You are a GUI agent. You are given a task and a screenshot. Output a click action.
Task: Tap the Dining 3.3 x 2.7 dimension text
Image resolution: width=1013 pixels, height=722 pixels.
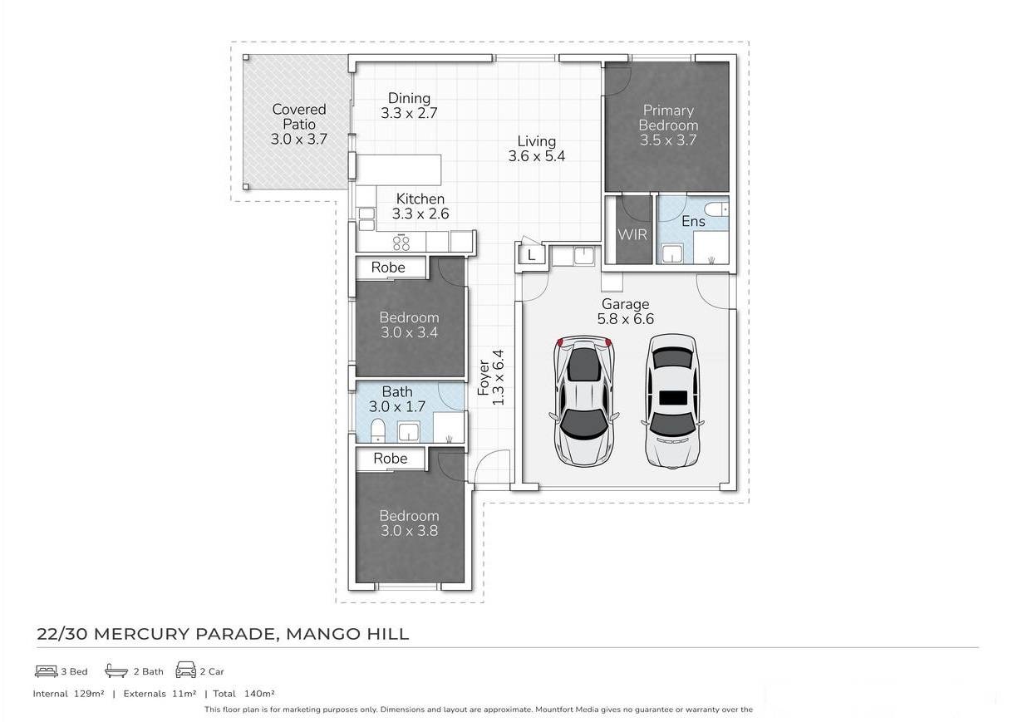409,113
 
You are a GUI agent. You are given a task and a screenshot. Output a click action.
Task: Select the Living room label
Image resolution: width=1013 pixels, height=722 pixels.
537,141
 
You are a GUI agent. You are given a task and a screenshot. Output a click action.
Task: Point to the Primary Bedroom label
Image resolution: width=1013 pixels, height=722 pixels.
668,117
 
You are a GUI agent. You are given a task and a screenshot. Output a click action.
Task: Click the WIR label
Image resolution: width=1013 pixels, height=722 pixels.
632,234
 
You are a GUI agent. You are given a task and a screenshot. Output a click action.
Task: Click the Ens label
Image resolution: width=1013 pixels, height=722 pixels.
693,221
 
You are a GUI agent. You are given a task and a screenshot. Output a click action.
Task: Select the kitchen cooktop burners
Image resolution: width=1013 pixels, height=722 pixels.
401,243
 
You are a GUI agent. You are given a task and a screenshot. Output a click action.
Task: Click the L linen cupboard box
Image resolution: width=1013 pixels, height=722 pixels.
531,255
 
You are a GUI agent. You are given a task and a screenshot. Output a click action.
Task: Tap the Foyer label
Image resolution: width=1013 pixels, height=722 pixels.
484,377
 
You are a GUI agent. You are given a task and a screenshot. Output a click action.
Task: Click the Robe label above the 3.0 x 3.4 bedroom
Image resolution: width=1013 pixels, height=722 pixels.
388,268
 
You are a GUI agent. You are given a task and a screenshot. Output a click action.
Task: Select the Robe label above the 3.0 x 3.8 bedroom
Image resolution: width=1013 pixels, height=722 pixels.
391,459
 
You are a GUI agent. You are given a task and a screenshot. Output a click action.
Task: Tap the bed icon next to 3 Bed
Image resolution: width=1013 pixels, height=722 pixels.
47,671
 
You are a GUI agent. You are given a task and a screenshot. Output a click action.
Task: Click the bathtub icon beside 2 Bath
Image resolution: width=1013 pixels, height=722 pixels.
116,670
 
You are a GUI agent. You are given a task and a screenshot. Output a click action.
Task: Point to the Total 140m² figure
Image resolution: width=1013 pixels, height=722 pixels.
243,694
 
